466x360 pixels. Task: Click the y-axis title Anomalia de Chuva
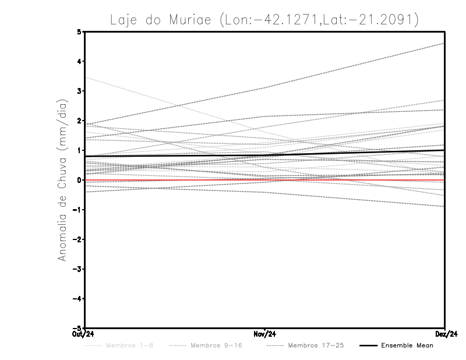coord(62,179)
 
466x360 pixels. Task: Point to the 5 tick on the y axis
coord(79,31)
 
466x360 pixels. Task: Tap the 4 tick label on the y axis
coord(79,61)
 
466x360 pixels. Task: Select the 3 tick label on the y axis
coord(79,91)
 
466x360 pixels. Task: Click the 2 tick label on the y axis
coord(79,121)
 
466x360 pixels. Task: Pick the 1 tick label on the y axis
coord(79,150)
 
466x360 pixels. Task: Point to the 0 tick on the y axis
coord(79,180)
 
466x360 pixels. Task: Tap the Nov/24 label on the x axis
coord(265,334)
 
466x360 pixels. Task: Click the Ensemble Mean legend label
coord(407,345)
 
